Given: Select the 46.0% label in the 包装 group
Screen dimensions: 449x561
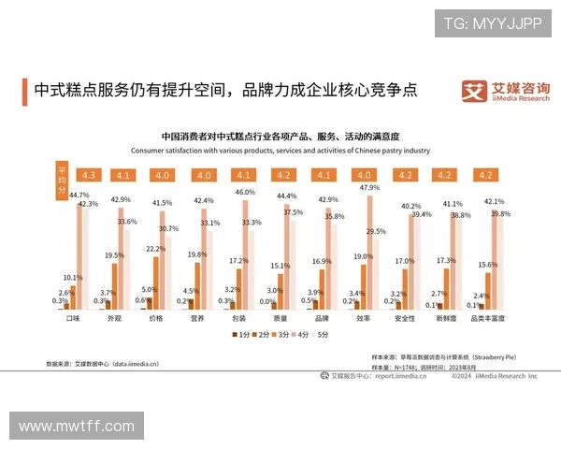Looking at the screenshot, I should pos(244,192).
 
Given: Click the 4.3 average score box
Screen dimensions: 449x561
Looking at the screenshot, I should pos(90,175).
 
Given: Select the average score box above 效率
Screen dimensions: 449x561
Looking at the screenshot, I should pos(364,175).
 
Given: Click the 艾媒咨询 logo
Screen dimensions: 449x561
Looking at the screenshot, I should pos(506,91).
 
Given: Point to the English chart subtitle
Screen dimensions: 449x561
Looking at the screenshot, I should pos(280,150).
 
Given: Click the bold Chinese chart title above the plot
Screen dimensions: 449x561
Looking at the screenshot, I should pos(280,137).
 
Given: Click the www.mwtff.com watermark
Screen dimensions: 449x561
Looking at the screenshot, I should pos(77,426).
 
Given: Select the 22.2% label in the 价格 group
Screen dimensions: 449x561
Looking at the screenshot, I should pos(155,249).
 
